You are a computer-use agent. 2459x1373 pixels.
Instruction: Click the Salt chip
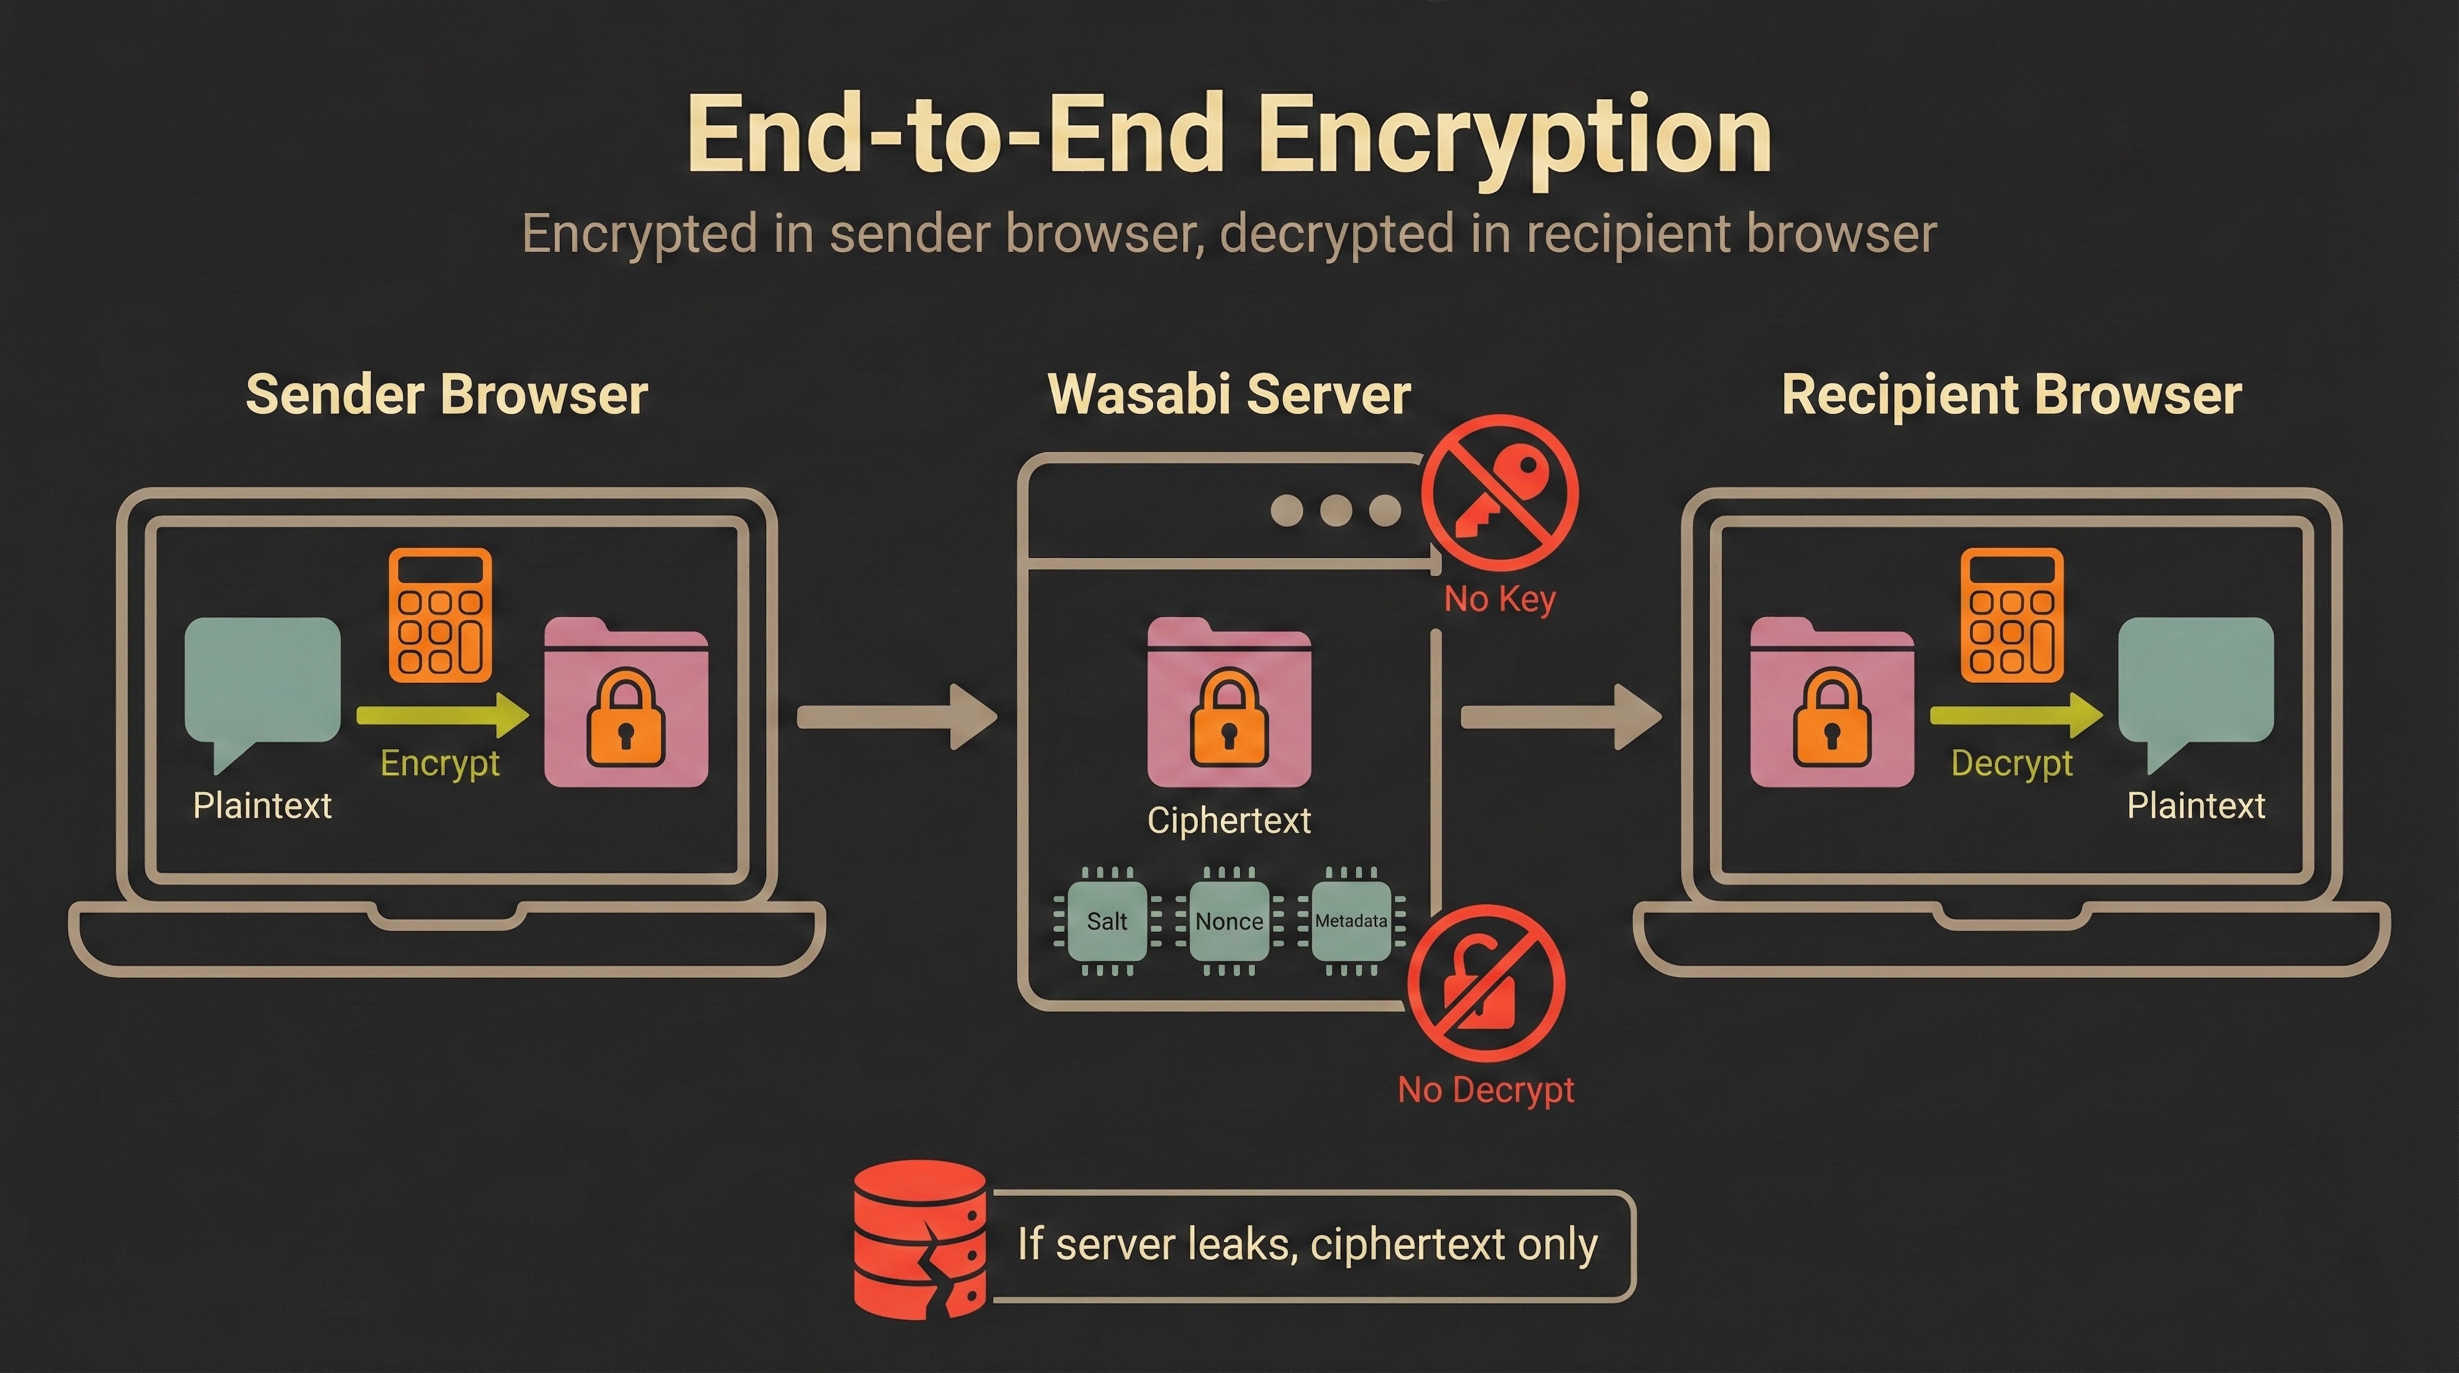(x=1106, y=921)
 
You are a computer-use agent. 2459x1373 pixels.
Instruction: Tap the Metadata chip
(x=1351, y=921)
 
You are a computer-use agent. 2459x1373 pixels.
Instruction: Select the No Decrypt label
(x=1485, y=1089)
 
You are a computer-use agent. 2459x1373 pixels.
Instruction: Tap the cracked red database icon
(x=919, y=1240)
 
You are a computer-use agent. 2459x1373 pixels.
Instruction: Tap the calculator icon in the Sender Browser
(x=440, y=615)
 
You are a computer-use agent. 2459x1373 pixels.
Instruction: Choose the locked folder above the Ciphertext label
(x=1228, y=704)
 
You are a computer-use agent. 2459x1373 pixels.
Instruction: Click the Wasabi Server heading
(x=1228, y=394)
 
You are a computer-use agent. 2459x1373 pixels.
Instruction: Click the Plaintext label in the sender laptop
(x=262, y=806)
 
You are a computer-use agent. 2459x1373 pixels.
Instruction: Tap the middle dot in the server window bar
(x=1336, y=510)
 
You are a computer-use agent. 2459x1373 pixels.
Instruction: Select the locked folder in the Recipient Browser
(x=1831, y=704)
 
